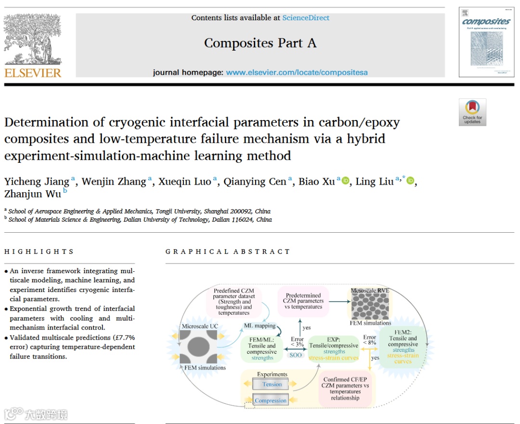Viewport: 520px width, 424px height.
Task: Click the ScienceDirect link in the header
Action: coord(306,18)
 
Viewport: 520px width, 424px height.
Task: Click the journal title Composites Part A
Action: coord(260,43)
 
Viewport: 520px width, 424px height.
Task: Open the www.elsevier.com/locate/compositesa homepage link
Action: coord(297,72)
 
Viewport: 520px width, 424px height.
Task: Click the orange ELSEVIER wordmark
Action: coord(33,73)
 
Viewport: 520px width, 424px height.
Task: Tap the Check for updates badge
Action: coord(472,112)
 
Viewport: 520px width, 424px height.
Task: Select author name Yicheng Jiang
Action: coord(37,182)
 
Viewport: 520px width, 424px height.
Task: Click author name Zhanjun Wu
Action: coord(33,194)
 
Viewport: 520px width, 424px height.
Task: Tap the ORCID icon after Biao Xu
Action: coord(345,181)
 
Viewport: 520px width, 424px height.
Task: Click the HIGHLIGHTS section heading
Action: coord(39,252)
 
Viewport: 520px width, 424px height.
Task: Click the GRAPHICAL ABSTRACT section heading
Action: coord(228,252)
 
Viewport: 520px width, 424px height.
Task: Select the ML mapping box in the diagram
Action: coord(260,326)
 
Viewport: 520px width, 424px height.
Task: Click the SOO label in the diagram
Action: coord(295,355)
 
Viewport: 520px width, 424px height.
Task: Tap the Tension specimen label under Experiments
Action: coord(272,384)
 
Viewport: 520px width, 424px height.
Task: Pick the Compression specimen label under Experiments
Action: coord(271,400)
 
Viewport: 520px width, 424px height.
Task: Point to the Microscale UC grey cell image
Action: coord(197,348)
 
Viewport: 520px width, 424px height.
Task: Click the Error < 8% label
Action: coord(370,340)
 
